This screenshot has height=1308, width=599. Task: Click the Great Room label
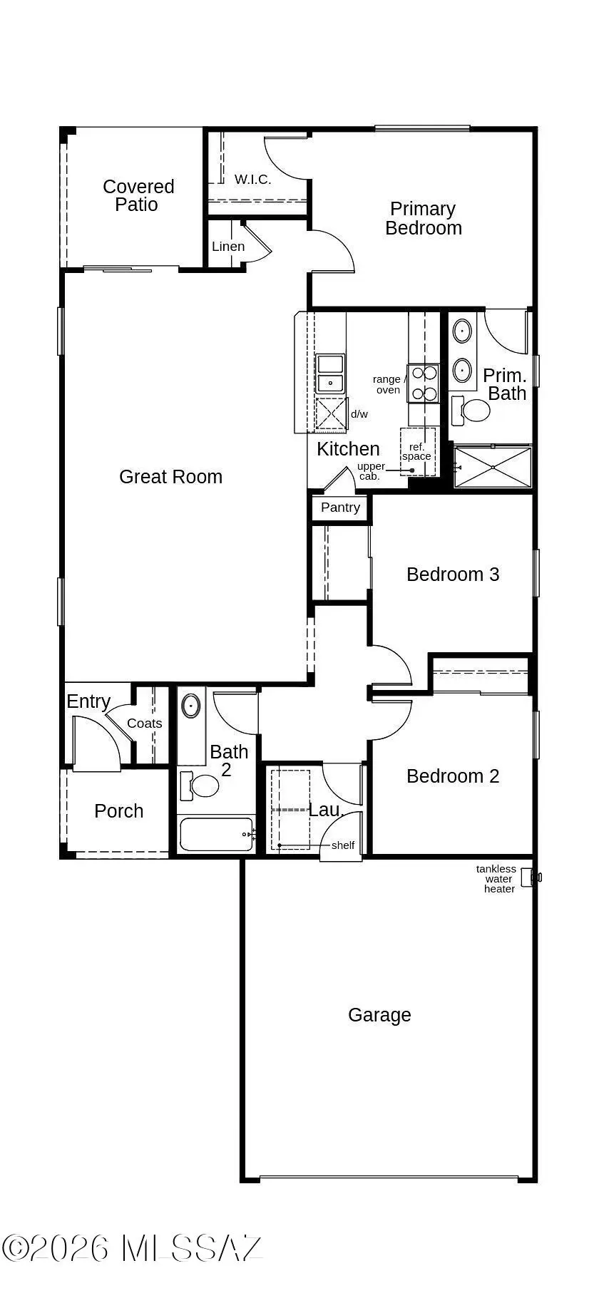[x=170, y=477]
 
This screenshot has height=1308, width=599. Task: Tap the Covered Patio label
[x=138, y=195]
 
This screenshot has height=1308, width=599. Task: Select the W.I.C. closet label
[x=252, y=180]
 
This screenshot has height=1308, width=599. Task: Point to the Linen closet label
[x=228, y=247]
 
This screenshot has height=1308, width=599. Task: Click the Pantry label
[x=340, y=508]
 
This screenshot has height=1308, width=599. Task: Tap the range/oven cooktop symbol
[x=424, y=383]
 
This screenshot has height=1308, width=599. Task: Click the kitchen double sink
[x=330, y=374]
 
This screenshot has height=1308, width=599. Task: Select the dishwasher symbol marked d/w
[x=330, y=414]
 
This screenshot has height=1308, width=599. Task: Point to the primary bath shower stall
[x=493, y=467]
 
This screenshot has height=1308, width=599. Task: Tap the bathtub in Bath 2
[x=215, y=834]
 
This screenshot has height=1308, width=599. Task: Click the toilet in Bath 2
[x=202, y=786]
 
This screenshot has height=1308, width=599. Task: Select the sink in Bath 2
[x=191, y=706]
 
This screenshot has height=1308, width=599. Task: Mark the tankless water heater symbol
[x=528, y=877]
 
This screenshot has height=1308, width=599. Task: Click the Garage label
[x=379, y=1015]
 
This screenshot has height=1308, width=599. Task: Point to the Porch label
[x=118, y=811]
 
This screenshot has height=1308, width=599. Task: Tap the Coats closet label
[x=145, y=723]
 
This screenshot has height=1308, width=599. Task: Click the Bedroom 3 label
[x=453, y=575]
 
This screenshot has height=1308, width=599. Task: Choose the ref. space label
[x=416, y=452]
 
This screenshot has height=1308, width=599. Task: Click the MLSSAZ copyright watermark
[x=133, y=1248]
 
